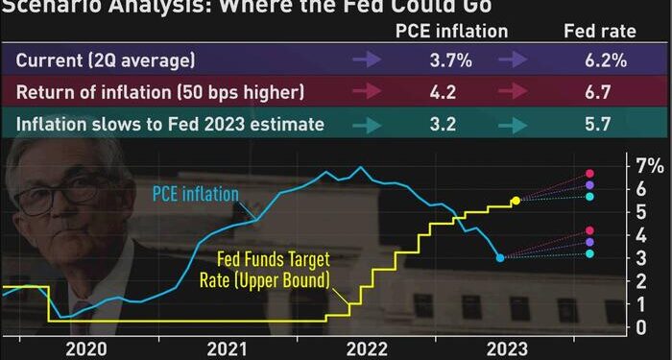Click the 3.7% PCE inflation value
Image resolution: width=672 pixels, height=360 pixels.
(x=451, y=61)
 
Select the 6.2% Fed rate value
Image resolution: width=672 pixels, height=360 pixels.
(x=608, y=61)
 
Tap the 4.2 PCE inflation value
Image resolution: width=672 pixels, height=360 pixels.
(x=451, y=92)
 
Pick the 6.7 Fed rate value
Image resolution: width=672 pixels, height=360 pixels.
(x=608, y=92)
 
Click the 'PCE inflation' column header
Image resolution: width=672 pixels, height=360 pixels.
(x=451, y=31)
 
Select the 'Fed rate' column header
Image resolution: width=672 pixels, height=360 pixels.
(x=599, y=31)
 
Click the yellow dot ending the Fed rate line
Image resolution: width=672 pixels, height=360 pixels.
(x=516, y=201)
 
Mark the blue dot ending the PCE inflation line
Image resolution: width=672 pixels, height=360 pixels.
(x=500, y=257)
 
